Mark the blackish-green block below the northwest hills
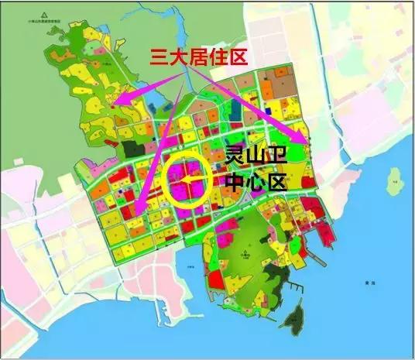(x=139, y=147)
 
